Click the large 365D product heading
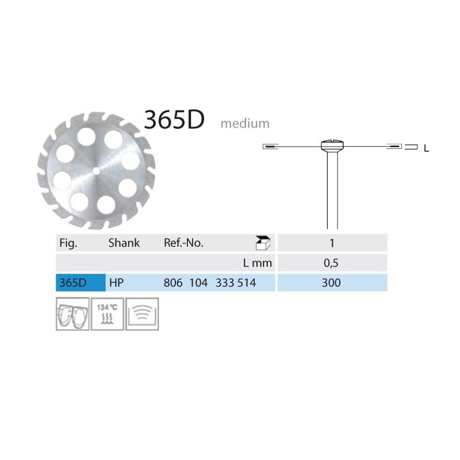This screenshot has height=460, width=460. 174,120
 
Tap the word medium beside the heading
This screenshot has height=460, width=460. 245,124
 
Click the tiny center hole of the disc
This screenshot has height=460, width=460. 96,171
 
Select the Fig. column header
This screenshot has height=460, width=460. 68,243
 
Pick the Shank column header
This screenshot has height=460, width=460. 124,243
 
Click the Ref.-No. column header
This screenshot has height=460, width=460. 183,243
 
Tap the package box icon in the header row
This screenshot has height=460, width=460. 263,243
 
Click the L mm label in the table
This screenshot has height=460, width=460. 257,263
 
